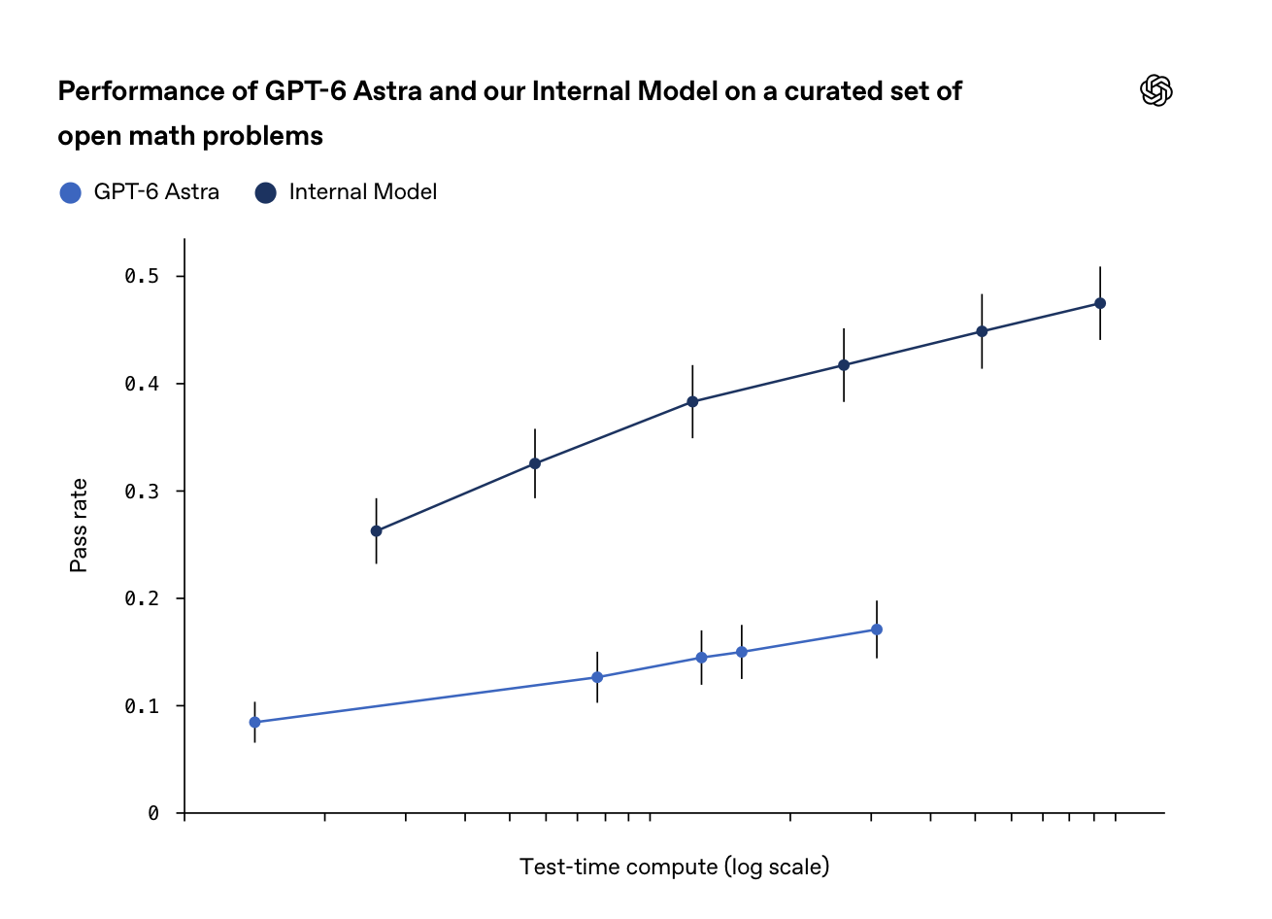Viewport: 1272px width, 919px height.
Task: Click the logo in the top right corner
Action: pos(1156,90)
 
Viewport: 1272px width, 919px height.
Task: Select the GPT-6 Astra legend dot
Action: pos(71,192)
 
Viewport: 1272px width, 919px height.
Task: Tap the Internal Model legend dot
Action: pos(265,192)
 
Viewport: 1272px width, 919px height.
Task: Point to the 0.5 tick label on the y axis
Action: pos(142,277)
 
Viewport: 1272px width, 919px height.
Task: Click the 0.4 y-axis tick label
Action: pos(142,384)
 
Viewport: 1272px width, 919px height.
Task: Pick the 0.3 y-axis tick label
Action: pos(142,492)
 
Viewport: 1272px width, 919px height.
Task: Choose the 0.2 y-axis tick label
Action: pos(142,598)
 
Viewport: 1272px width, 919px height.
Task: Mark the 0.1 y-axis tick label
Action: pos(142,706)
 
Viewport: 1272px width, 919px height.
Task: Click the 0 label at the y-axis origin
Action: pos(152,813)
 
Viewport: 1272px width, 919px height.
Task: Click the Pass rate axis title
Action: pos(79,526)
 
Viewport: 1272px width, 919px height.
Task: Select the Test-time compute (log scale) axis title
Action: pos(674,868)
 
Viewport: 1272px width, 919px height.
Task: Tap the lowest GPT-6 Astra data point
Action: pos(255,722)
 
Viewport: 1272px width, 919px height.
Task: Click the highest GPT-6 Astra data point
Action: pos(877,630)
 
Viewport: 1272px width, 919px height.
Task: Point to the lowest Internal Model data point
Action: pos(376,531)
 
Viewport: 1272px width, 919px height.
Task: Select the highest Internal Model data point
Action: pos(1100,303)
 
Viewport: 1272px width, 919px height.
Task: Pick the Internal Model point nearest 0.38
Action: pos(692,401)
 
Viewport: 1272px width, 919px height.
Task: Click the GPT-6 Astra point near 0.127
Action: pos(597,677)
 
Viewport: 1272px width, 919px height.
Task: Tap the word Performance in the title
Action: pos(142,91)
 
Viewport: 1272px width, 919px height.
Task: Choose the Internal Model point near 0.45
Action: pos(982,331)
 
